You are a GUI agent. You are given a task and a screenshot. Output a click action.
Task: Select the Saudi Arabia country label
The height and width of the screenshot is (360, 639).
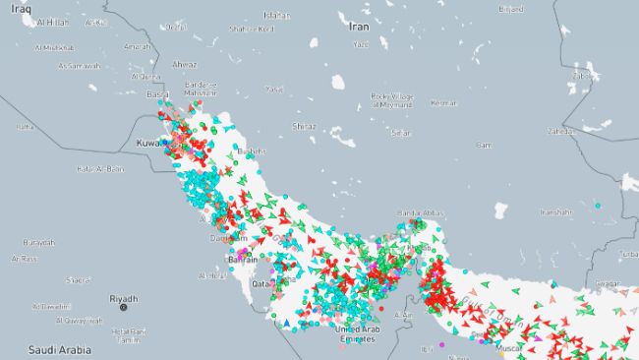click(x=60, y=349)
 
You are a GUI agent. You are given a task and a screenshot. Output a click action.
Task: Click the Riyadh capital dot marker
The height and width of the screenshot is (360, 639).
click(x=124, y=308)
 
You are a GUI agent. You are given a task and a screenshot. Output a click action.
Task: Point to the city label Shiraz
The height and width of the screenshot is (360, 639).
click(x=305, y=126)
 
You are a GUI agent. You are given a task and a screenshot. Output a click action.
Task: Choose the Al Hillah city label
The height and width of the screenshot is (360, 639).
click(x=51, y=22)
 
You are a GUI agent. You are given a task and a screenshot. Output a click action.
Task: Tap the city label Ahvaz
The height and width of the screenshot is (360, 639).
click(x=184, y=65)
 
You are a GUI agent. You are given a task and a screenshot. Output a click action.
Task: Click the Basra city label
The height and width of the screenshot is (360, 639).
click(x=156, y=94)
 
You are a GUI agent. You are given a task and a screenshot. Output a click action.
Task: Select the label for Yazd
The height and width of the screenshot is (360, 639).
click(x=361, y=44)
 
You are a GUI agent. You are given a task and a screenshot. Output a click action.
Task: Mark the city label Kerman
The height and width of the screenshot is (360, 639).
click(x=444, y=103)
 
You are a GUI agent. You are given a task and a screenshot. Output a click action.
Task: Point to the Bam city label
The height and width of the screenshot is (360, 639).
click(x=484, y=145)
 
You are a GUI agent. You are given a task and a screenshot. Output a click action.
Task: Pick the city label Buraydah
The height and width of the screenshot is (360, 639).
click(x=39, y=242)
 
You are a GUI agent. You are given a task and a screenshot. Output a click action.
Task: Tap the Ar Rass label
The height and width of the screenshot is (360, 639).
click(x=25, y=259)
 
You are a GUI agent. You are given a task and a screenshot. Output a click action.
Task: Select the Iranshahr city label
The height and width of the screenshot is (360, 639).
click(x=555, y=211)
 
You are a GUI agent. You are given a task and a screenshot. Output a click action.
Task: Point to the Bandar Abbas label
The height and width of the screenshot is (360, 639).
click(x=418, y=212)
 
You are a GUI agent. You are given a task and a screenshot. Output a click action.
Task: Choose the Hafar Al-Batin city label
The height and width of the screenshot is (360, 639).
click(x=100, y=168)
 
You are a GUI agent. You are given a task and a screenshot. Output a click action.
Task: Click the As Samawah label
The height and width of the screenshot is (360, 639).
click(x=79, y=66)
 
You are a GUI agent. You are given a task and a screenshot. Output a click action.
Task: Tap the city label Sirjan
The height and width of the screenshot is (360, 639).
click(x=400, y=132)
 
